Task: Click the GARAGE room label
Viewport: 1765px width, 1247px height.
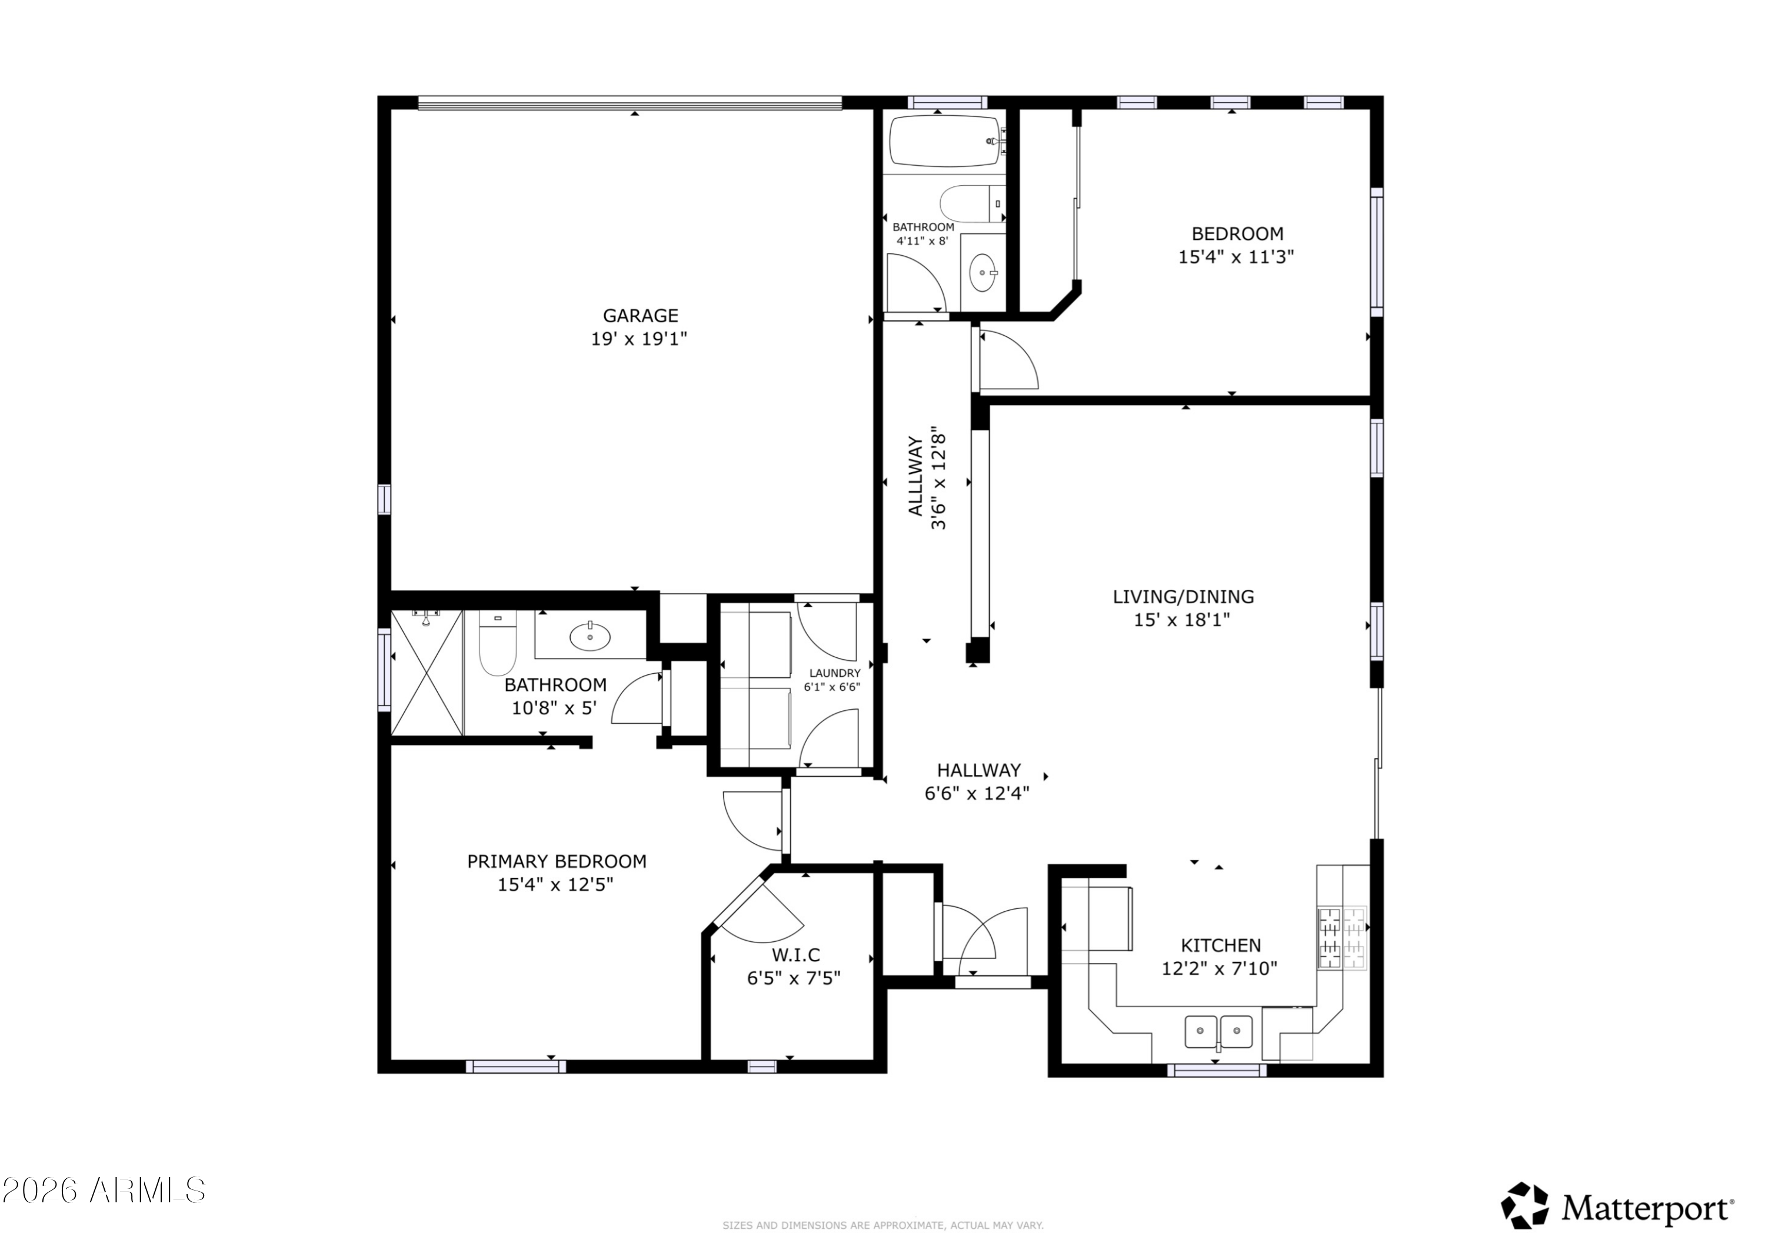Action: click(x=640, y=315)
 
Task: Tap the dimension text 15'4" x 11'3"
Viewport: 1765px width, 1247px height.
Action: click(x=1236, y=256)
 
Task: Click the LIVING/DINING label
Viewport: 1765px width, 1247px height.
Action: click(x=1183, y=596)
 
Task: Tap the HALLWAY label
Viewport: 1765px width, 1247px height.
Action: click(x=978, y=770)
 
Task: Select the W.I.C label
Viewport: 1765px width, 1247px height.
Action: click(x=795, y=955)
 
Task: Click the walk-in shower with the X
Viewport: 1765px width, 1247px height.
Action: click(x=427, y=673)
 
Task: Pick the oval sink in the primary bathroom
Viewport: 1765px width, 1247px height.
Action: click(x=590, y=636)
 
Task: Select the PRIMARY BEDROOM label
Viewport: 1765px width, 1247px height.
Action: click(x=557, y=861)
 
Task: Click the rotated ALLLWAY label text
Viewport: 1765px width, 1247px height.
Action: click(x=915, y=476)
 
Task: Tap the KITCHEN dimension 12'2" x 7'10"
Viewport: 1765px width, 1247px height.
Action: click(x=1219, y=969)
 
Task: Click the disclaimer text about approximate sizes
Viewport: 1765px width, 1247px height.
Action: click(x=883, y=1225)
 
